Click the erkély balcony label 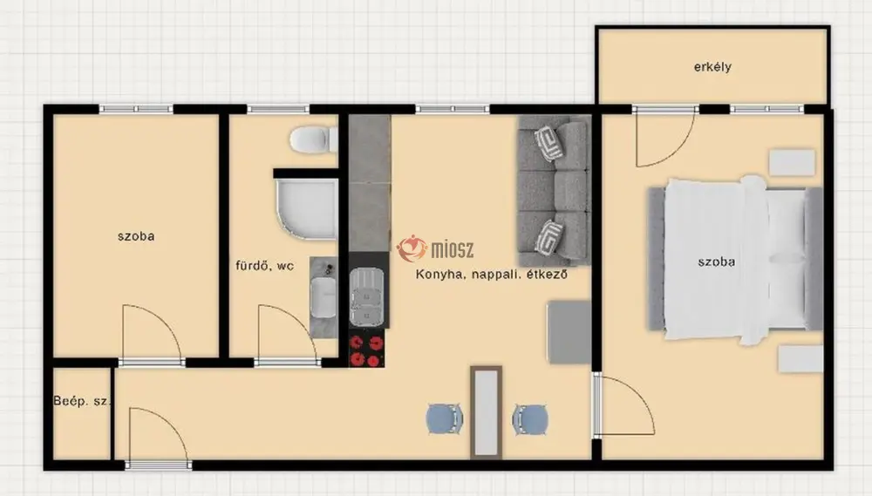point(712,67)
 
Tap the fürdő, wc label point(265,266)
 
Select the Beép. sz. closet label point(82,401)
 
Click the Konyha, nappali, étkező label point(492,274)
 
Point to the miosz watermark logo point(435,248)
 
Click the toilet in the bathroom point(314,139)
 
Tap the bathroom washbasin point(324,297)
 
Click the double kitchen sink point(367,296)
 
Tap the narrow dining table point(487,412)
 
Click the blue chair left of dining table point(445,418)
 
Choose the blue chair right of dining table point(530,418)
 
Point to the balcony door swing point(665,138)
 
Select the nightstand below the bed point(800,358)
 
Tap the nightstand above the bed point(792,162)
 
